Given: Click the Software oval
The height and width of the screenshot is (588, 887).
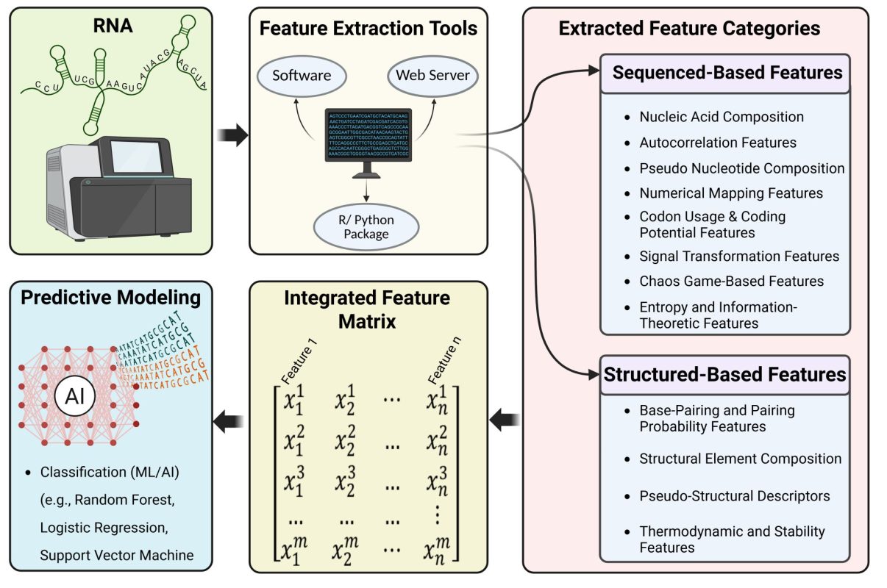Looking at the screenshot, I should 302,76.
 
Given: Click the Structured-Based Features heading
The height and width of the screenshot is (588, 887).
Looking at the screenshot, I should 724,374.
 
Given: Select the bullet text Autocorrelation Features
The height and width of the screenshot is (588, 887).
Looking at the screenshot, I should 718,143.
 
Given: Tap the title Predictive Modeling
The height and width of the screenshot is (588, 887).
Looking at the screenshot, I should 110,298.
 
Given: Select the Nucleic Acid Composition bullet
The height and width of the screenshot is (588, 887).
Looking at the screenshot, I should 722,117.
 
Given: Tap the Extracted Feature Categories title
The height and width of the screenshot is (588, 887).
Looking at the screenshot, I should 689,29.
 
